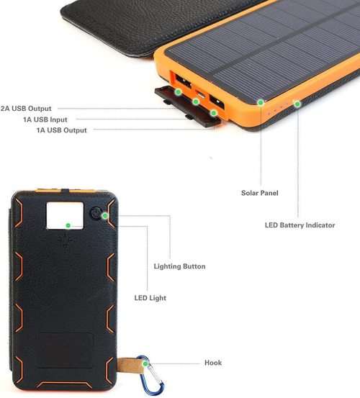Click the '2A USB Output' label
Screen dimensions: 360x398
click(26, 109)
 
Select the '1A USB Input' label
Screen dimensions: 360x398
click(45, 119)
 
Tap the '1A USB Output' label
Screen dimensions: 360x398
click(62, 130)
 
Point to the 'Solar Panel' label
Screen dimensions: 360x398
click(260, 193)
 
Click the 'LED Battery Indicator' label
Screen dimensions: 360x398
click(300, 225)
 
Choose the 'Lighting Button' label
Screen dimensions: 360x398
click(179, 266)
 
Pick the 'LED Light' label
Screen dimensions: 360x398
click(150, 298)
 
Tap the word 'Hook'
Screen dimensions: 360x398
click(213, 363)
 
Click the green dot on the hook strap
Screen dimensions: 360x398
click(145, 363)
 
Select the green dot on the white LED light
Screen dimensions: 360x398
click(68, 225)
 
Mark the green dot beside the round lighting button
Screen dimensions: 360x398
click(105, 216)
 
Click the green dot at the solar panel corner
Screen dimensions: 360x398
click(261, 102)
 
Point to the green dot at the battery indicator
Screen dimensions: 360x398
click(297, 104)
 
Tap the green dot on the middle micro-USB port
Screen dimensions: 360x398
click(196, 101)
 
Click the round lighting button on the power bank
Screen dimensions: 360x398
click(96, 213)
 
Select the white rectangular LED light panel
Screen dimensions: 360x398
click(65, 216)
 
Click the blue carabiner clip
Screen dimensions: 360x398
click(150, 376)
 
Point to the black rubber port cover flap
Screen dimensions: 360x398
click(187, 106)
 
